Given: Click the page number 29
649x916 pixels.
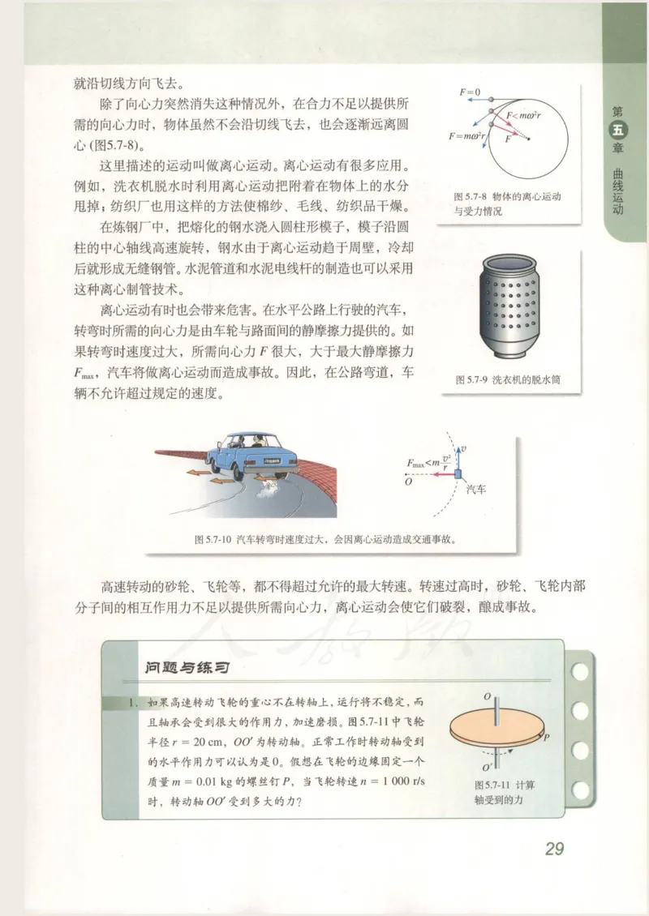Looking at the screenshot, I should click(x=554, y=850).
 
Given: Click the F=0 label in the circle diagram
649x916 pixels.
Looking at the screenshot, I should click(x=471, y=93).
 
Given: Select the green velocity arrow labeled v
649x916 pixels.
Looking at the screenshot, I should click(x=460, y=456).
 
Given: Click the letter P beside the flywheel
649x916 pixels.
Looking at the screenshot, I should click(x=546, y=738).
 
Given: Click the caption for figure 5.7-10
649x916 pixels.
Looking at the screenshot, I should click(x=324, y=538).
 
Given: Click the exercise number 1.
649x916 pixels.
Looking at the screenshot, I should click(x=130, y=704).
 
